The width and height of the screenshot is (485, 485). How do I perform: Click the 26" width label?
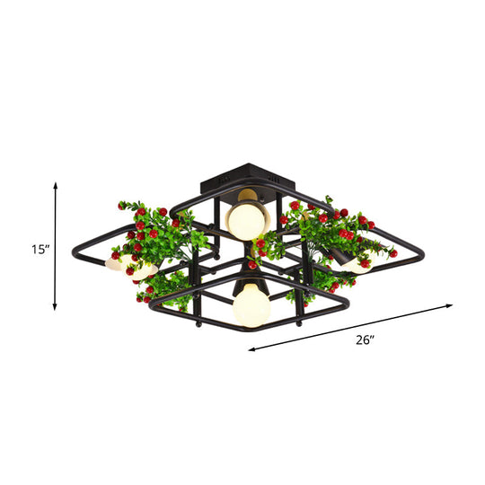pos(363,340)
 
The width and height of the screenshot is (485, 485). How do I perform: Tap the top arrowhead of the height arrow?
pos(56,183)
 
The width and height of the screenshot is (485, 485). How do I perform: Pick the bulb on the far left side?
pos(115,264)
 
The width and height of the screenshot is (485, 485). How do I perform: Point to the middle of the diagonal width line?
pos(350,328)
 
